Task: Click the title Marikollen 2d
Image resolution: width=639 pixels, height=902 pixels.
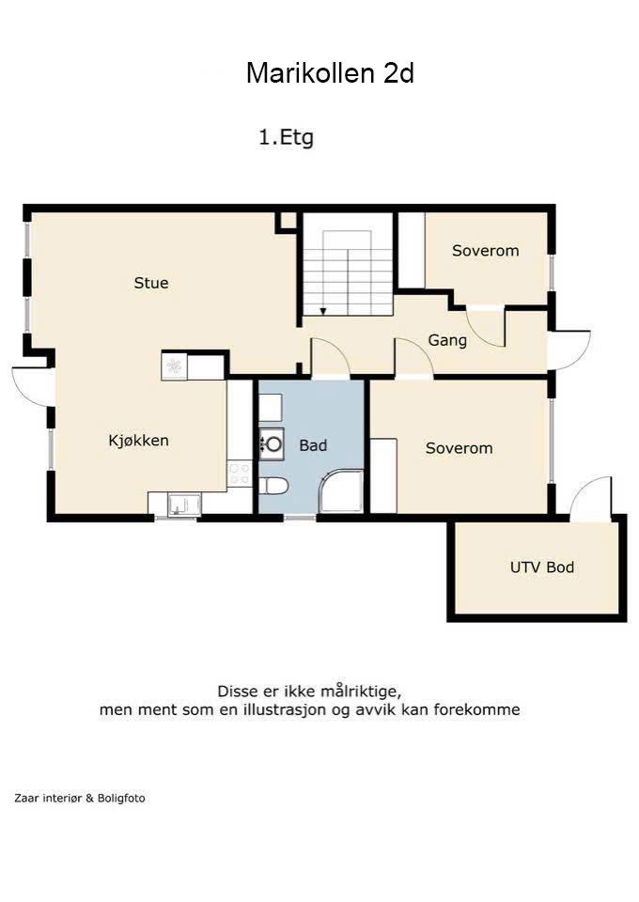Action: [x=330, y=73]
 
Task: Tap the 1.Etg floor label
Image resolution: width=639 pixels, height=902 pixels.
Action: [x=286, y=138]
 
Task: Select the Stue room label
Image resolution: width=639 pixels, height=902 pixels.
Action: [x=151, y=283]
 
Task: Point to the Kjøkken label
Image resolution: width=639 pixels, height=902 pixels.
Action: [x=139, y=441]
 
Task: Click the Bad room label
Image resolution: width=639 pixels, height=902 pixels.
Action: [x=313, y=445]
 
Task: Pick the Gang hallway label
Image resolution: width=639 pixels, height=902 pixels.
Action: [x=447, y=340]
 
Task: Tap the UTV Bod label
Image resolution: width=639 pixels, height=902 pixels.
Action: [x=542, y=568]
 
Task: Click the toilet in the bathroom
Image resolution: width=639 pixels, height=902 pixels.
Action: [x=273, y=487]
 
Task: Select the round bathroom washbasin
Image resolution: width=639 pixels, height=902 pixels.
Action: [x=273, y=443]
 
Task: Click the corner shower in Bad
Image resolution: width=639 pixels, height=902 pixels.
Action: [x=342, y=490]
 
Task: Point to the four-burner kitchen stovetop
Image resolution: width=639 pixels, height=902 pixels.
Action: [x=240, y=474]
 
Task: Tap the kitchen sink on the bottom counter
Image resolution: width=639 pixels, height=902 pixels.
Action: [x=184, y=505]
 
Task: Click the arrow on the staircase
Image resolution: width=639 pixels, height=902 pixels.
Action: [x=323, y=311]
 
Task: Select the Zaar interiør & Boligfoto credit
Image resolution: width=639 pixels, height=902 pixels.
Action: [x=79, y=799]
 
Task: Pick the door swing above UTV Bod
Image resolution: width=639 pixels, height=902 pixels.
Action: [x=591, y=499]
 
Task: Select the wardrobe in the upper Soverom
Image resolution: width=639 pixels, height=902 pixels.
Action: [x=412, y=250]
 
